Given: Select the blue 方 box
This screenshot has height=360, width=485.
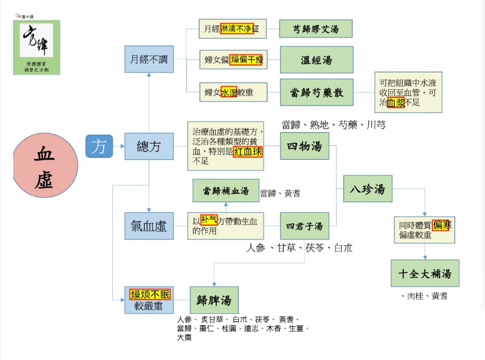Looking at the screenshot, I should point(98,147).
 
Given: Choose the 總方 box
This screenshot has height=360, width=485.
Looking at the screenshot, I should point(148,147).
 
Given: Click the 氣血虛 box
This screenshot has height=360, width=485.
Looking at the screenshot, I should point(148,226).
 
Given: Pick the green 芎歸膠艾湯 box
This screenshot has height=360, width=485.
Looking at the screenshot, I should point(315,29).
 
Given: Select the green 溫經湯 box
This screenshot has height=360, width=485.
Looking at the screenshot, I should point(317,60).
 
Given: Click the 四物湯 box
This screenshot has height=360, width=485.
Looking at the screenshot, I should point(304,147).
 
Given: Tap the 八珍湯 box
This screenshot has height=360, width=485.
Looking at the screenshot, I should point(368,189).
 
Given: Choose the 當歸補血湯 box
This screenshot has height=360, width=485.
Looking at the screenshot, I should point(226,190).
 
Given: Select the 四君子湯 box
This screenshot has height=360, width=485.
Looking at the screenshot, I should point(304,226).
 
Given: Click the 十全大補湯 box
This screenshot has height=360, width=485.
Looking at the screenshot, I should point(425,273).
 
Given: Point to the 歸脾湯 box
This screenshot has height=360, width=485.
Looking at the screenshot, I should point(214,300).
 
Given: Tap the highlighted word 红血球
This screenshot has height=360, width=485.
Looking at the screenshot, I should point(247,153).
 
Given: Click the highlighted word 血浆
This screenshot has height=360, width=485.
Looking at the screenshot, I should point(396,103).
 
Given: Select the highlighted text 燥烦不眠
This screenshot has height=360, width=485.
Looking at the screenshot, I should point(149,294).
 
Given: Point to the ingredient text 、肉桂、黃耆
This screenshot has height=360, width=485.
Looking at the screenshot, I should point(424,296).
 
